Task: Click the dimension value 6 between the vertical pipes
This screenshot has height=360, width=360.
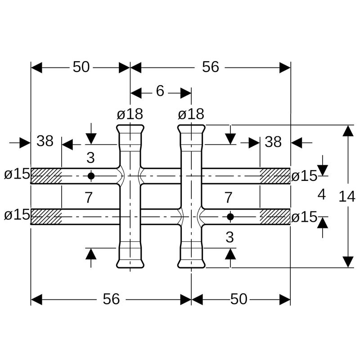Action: pos(160,91)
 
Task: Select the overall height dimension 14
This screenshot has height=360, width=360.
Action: pos(347,196)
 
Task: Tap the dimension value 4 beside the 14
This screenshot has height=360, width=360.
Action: pos(321,195)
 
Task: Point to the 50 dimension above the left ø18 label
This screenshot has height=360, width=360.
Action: pos(81,67)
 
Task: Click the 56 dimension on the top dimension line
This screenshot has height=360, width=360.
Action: pos(210,67)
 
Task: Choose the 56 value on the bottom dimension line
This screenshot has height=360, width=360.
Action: pos(111,299)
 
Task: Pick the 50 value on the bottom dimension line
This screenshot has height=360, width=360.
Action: pos(238,299)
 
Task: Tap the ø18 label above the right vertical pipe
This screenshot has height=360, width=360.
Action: pos(191,114)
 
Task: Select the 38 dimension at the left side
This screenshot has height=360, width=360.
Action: pos(45,142)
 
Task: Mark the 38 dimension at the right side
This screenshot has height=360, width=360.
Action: pos(273,142)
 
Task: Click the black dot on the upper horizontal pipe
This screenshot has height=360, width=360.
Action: pos(91,175)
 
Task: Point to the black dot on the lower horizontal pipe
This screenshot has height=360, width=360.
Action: pos(230,217)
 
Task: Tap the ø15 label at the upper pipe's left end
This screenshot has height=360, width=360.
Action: pos(17,174)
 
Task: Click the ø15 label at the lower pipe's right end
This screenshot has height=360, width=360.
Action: pos(304,217)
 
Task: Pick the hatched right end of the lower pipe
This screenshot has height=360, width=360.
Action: pos(275,217)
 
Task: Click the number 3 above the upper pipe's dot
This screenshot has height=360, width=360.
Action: pos(91,158)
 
